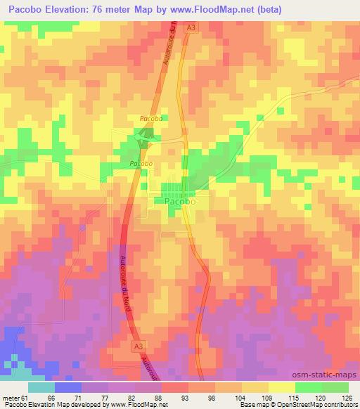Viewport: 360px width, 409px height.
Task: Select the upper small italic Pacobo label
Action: tap(150, 119)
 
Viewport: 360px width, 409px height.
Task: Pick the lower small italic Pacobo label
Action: tap(141, 163)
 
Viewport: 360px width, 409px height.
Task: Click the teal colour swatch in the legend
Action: tap(41, 387)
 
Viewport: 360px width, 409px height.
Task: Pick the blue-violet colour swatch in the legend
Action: tap(68, 387)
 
